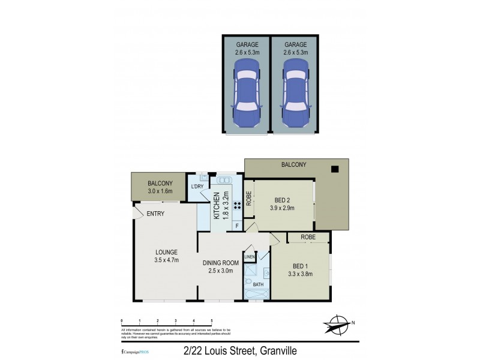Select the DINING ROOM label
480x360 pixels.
pos(221,262)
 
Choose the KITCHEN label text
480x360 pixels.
pos(216,203)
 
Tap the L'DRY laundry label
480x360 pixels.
pos(197,187)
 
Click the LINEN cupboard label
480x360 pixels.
pos(250,257)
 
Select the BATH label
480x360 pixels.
pos(258,284)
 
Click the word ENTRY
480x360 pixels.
pos(155,214)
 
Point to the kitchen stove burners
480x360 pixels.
pos(236,205)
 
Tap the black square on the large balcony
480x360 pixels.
pos(335,169)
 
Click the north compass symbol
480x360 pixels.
pos(338,324)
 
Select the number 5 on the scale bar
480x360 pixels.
pos(211,321)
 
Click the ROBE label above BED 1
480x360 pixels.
pos(308,237)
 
